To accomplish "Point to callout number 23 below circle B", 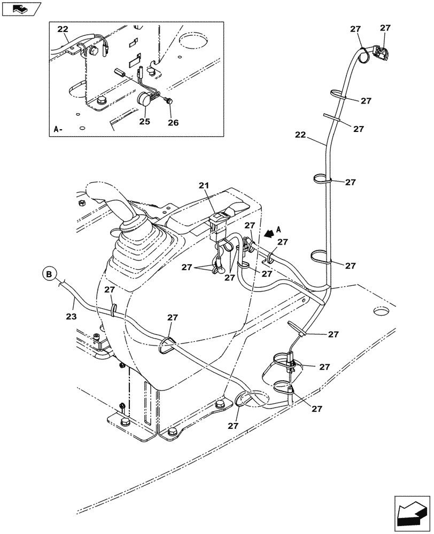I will (x=71, y=316).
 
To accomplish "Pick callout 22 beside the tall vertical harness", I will (x=300, y=136).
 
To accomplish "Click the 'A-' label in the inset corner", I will (x=58, y=129).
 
